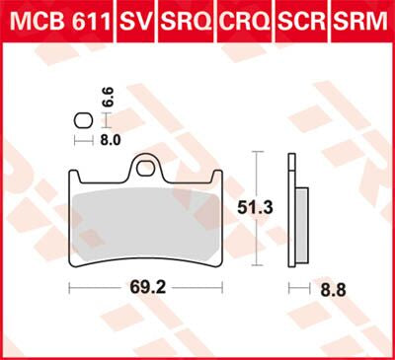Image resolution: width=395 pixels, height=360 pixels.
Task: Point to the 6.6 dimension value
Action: tap(108, 99)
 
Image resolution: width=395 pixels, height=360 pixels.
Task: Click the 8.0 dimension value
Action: tap(112, 141)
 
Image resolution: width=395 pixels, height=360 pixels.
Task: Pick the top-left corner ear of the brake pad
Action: tap(75, 177)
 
